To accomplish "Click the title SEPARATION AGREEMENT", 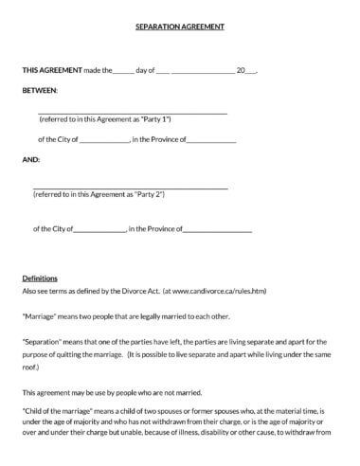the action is tap(179, 29).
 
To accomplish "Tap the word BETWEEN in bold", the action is tap(39, 91).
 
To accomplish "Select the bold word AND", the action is tap(30, 160).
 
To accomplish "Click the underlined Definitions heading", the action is tap(40, 278).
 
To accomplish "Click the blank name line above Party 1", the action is tap(133, 113).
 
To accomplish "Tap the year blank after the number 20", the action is tap(251, 71).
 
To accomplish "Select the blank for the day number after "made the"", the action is tap(124, 71).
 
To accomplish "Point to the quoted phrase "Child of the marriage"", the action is tap(59, 412).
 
